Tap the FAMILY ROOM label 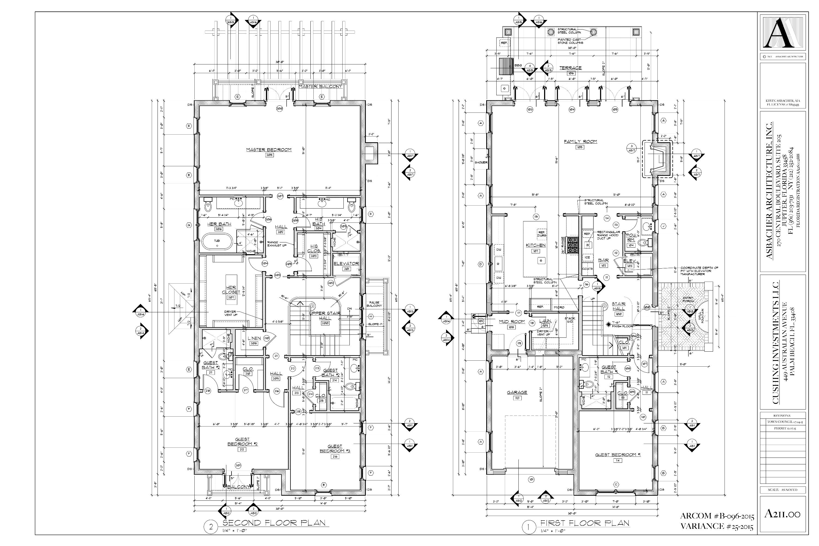coord(580,141)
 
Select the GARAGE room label coord(517,393)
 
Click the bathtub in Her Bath coord(217,242)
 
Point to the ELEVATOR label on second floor coord(346,264)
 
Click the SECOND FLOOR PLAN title coord(274,523)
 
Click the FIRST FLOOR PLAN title coord(585,523)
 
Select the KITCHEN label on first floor coord(536,245)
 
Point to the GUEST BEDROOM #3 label coord(335,449)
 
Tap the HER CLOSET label coord(231,290)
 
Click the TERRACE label coord(570,68)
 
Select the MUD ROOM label coord(512,322)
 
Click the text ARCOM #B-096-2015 coord(717,516)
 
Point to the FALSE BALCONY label coord(375,304)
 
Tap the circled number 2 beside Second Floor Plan coord(211,527)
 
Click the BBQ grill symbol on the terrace coord(507,66)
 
